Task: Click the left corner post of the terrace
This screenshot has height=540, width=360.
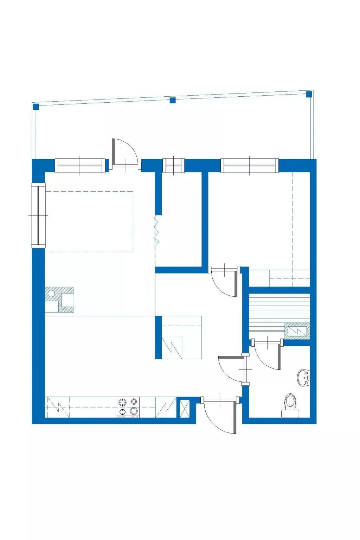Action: click(36, 107)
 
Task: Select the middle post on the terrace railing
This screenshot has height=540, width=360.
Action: click(173, 100)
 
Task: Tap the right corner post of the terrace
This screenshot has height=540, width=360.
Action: click(309, 94)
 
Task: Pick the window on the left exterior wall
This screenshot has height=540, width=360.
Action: click(39, 215)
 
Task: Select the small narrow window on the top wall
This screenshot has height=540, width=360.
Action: click(173, 166)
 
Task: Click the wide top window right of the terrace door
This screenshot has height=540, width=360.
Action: click(250, 166)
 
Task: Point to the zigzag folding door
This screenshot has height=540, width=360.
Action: click(156, 231)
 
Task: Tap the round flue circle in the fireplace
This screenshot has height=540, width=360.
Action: click(51, 293)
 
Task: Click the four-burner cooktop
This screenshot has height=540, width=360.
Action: click(128, 407)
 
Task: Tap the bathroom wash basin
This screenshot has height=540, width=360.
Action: click(304, 378)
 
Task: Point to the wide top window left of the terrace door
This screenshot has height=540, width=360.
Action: click(81, 166)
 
